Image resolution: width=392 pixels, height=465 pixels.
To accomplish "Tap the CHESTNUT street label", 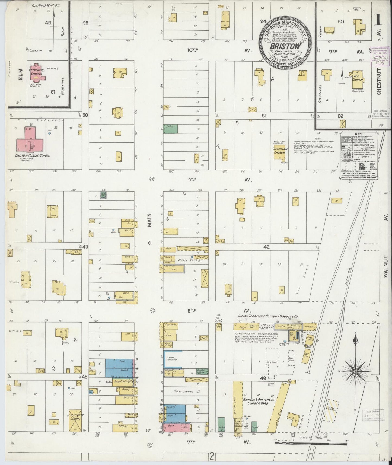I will pos(379,81).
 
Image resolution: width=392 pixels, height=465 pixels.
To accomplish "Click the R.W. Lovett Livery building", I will pos(74,425).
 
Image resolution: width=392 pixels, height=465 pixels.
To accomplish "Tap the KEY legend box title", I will pos(358,134).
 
